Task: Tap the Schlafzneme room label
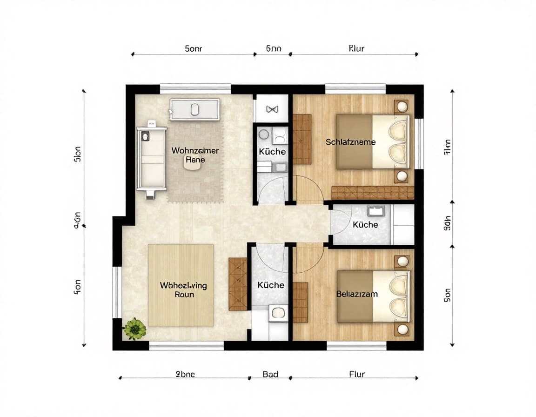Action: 350,142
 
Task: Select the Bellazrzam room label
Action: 357,294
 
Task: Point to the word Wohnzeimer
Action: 195,151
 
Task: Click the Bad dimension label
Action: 270,374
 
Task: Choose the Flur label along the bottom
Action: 357,374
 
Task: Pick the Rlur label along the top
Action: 356,48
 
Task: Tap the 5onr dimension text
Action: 193,48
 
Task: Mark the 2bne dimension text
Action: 185,374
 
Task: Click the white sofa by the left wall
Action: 151,159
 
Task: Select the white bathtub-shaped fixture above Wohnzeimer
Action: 194,110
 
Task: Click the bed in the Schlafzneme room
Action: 373,141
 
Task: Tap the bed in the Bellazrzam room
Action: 373,296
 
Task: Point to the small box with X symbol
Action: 271,109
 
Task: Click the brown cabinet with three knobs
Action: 238,284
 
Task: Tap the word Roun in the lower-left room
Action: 184,294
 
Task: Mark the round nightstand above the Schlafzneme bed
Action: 401,107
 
